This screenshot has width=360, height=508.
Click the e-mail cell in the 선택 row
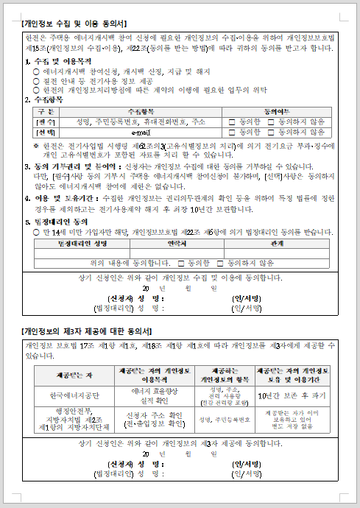[x=141, y=133]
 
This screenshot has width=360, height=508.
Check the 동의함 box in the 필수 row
[x=233, y=121]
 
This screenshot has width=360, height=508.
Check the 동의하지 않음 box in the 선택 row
[x=271, y=133]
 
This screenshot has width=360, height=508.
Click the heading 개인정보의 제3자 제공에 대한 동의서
[x=88, y=331]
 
